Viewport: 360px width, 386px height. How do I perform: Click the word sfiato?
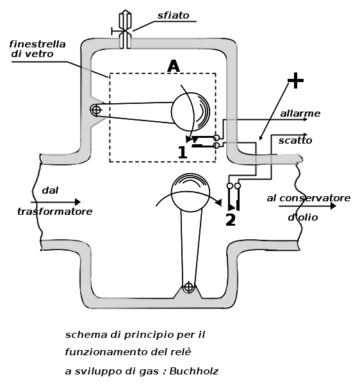173,15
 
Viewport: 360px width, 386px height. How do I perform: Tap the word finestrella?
37,44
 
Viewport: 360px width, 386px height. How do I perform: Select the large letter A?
174,66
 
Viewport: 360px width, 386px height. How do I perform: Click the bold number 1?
183,153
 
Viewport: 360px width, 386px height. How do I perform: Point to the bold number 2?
231,219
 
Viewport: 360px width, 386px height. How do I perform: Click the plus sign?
295,80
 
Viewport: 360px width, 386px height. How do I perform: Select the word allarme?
300,113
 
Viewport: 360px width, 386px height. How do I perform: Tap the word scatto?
295,140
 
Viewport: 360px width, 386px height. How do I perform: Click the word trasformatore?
55,212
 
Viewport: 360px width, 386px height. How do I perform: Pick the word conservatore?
315,198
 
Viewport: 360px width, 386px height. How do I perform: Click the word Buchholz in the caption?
193,371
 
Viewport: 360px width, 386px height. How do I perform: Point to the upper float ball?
190,112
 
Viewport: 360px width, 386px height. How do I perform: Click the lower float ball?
190,192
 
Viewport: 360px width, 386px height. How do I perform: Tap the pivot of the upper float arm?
95,110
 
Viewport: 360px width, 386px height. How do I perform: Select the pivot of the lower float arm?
188,287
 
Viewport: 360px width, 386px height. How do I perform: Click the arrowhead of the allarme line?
306,119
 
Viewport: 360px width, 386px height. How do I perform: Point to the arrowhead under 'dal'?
78,202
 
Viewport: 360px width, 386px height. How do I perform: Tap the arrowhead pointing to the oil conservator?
333,206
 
